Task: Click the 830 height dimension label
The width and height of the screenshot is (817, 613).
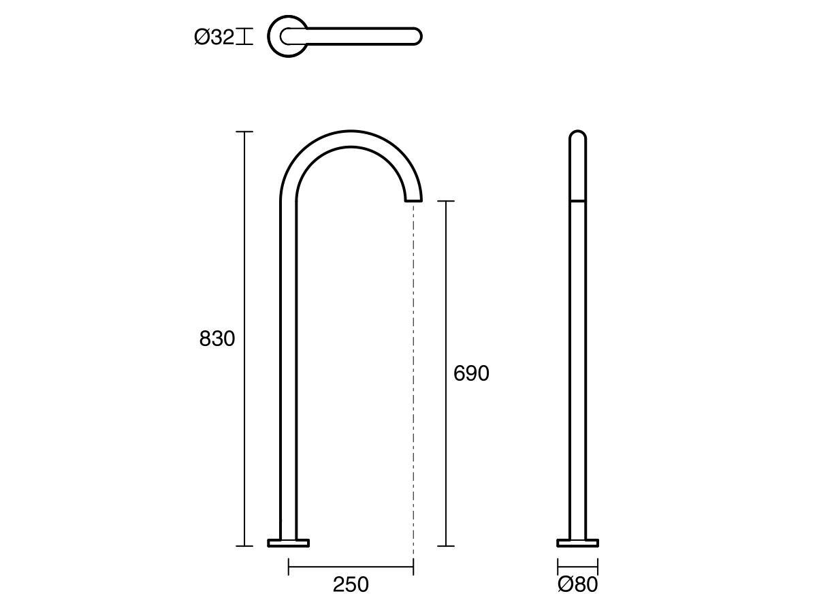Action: pyautogui.click(x=217, y=339)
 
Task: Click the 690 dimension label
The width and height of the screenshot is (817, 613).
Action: pyautogui.click(x=471, y=373)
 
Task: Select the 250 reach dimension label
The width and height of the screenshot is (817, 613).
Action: pyautogui.click(x=351, y=584)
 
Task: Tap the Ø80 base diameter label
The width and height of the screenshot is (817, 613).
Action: pyautogui.click(x=577, y=584)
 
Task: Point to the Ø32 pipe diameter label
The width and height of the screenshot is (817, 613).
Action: pyautogui.click(x=214, y=37)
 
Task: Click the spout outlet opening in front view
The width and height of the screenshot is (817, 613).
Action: pyautogui.click(x=413, y=200)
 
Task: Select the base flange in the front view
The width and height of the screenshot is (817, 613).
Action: pyautogui.click(x=289, y=543)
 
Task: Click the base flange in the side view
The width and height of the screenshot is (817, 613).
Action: pyautogui.click(x=577, y=543)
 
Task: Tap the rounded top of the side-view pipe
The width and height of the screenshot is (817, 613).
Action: pyautogui.click(x=577, y=133)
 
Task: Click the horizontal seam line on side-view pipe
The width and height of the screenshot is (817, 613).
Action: pyautogui.click(x=577, y=201)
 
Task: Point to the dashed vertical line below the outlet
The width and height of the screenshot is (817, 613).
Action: pyautogui.click(x=413, y=375)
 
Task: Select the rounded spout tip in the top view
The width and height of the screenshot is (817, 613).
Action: pyautogui.click(x=417, y=35)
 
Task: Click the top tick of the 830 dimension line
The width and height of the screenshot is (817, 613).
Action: pyautogui.click(x=244, y=131)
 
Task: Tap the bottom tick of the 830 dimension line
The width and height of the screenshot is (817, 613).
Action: pyautogui.click(x=244, y=546)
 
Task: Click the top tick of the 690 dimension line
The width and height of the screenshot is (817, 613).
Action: pyautogui.click(x=445, y=202)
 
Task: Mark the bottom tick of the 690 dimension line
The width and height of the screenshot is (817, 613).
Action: pyautogui.click(x=445, y=546)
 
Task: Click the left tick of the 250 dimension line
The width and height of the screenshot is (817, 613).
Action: pyautogui.click(x=289, y=566)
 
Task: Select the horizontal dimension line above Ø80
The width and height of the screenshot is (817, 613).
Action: pyautogui.click(x=577, y=566)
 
